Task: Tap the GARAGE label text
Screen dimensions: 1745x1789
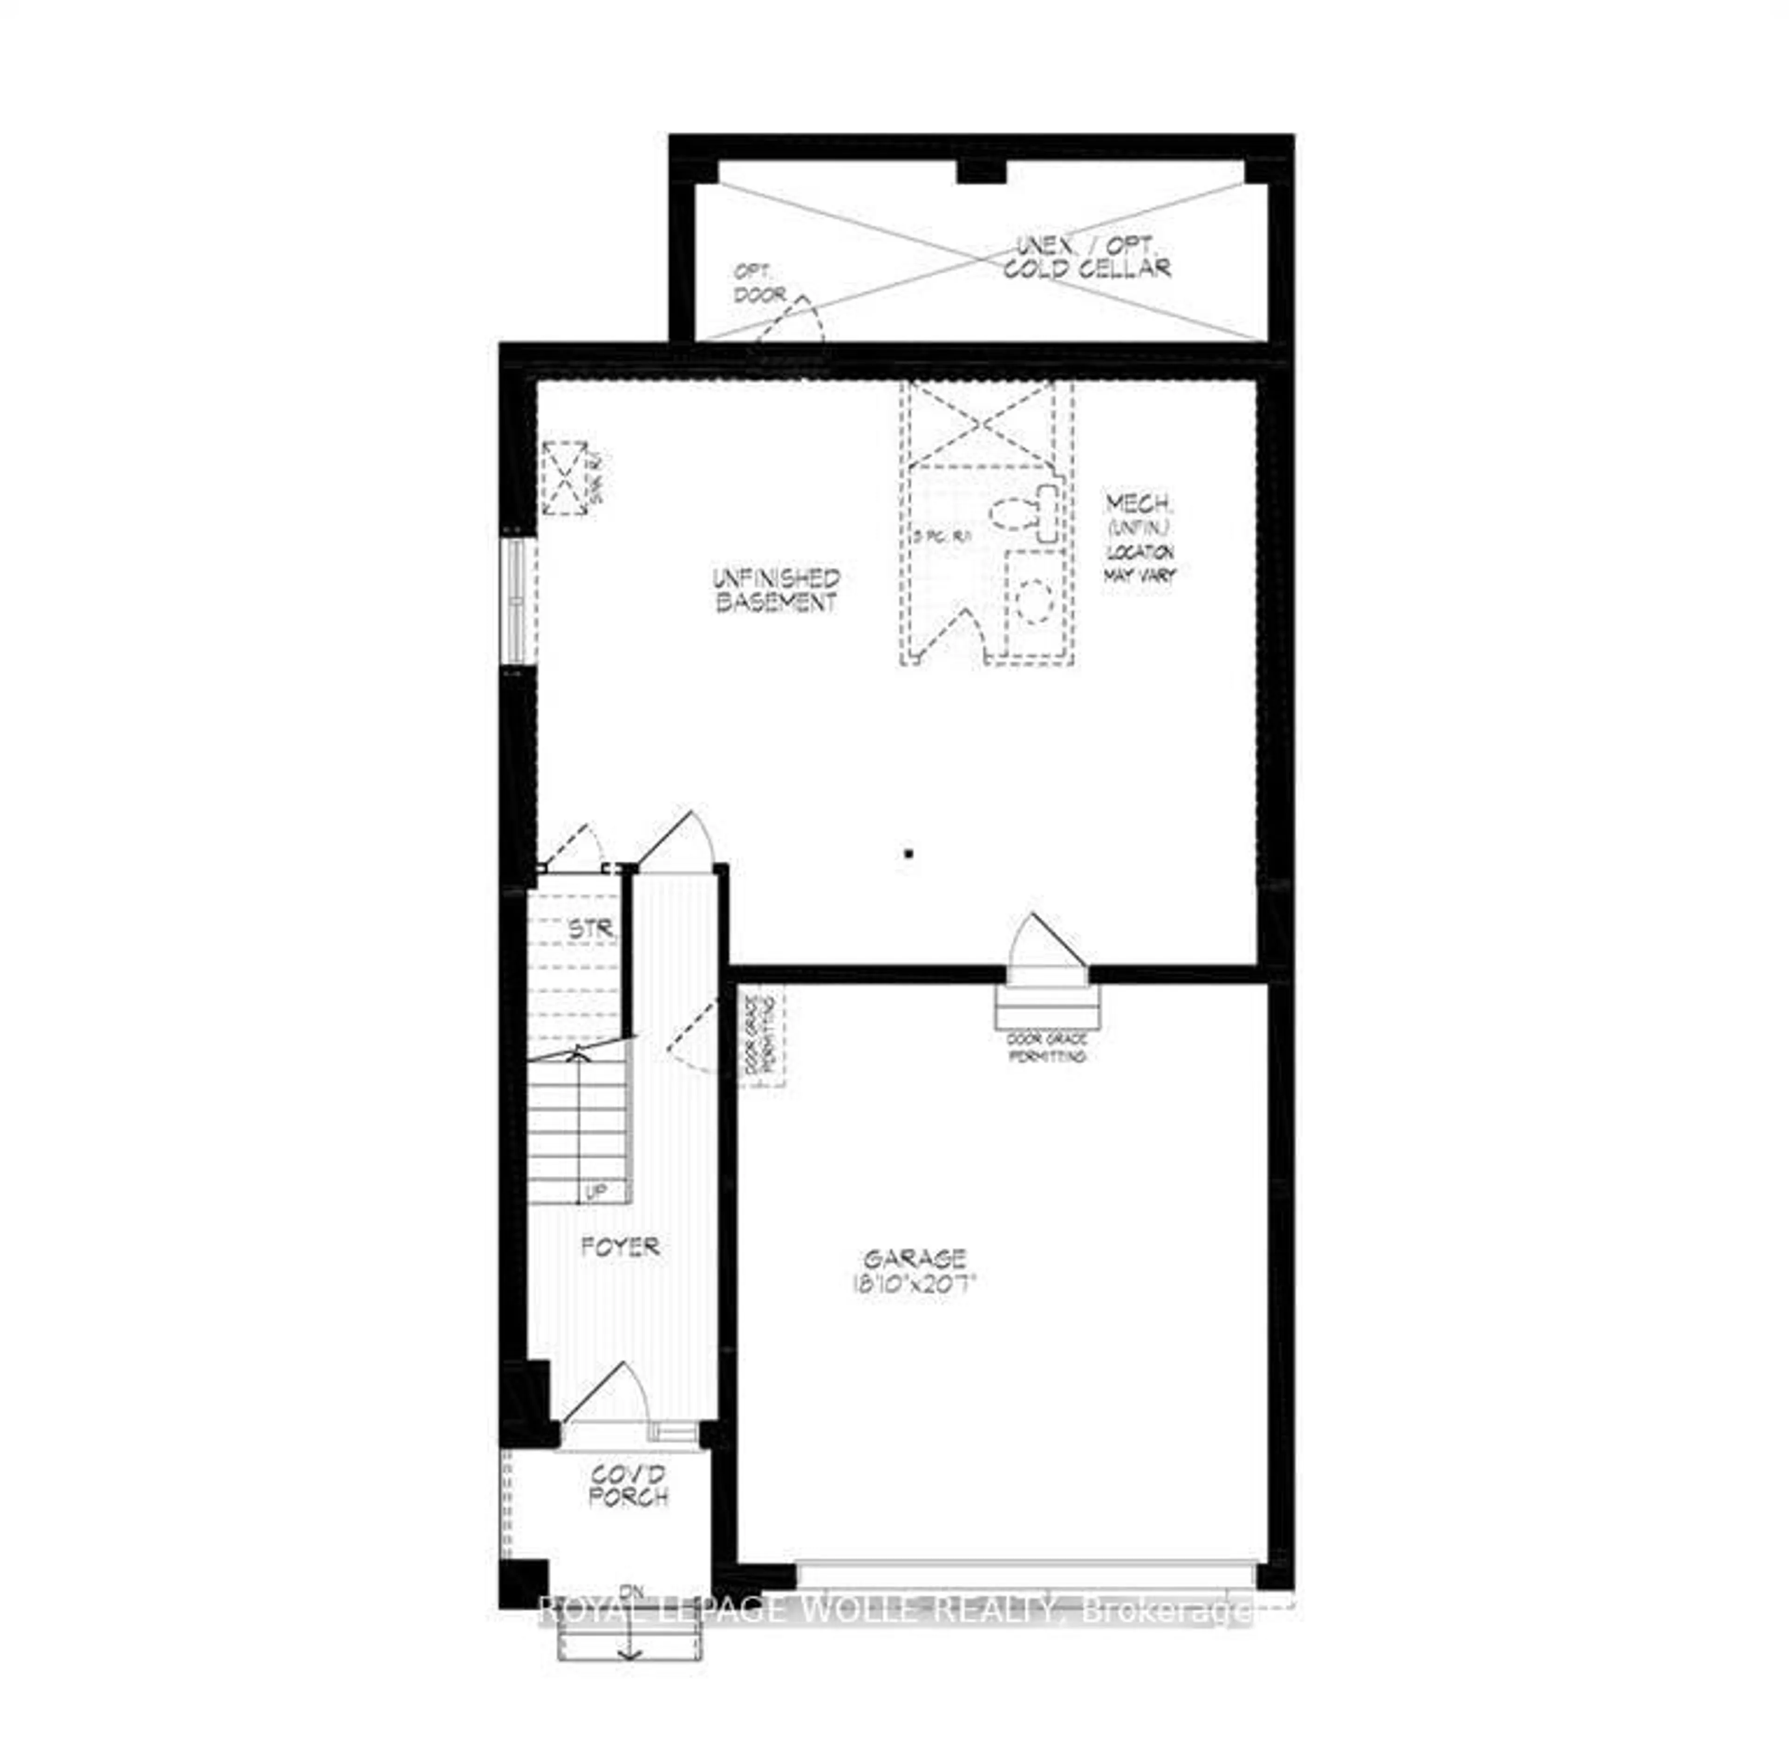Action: coord(914,1258)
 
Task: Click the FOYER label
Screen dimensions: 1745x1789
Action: coord(621,1246)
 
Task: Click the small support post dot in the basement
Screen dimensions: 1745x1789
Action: coord(908,853)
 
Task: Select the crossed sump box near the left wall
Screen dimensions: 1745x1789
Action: coord(565,479)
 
